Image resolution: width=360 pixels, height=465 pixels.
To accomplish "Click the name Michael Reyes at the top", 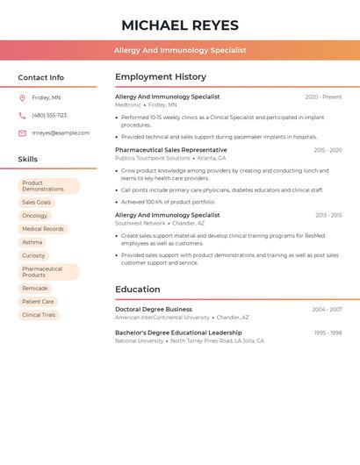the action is pyautogui.click(x=179, y=25).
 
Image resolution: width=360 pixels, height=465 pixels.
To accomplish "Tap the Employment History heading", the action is pyautogui.click(x=161, y=76).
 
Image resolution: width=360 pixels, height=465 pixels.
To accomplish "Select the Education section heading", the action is pyautogui.click(x=138, y=289).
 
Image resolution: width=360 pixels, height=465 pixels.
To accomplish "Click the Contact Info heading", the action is pyautogui.click(x=41, y=77).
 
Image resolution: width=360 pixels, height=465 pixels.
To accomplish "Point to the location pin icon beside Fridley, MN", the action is pyautogui.click(x=22, y=98).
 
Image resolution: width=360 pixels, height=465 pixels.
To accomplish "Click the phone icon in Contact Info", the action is pyautogui.click(x=22, y=116).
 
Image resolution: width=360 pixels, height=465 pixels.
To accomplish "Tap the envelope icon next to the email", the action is pyautogui.click(x=22, y=133).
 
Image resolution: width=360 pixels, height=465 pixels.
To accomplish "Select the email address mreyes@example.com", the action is pyautogui.click(x=61, y=133).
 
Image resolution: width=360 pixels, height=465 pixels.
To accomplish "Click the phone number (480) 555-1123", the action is pyautogui.click(x=49, y=116).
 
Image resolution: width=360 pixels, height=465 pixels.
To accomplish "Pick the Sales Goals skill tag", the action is pyautogui.click(x=37, y=203).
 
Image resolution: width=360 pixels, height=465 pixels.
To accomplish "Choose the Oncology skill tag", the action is pyautogui.click(x=35, y=216).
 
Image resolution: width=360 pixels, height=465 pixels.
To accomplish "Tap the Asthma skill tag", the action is pyautogui.click(x=32, y=242).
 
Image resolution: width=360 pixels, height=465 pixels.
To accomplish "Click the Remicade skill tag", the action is pyautogui.click(x=35, y=289).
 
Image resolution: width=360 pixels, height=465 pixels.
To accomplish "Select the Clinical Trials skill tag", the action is pyautogui.click(x=39, y=315).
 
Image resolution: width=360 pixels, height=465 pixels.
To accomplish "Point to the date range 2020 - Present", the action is pyautogui.click(x=323, y=97).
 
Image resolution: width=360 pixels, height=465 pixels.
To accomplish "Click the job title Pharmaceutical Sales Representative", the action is pyautogui.click(x=170, y=150).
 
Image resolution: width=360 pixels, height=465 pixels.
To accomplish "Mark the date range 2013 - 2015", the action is pyautogui.click(x=328, y=215).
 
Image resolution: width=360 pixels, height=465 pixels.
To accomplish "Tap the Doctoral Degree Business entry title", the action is pyautogui.click(x=154, y=309).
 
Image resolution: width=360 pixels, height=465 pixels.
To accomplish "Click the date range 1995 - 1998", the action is pyautogui.click(x=328, y=333).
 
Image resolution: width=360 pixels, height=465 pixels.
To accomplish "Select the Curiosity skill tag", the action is pyautogui.click(x=33, y=255).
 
